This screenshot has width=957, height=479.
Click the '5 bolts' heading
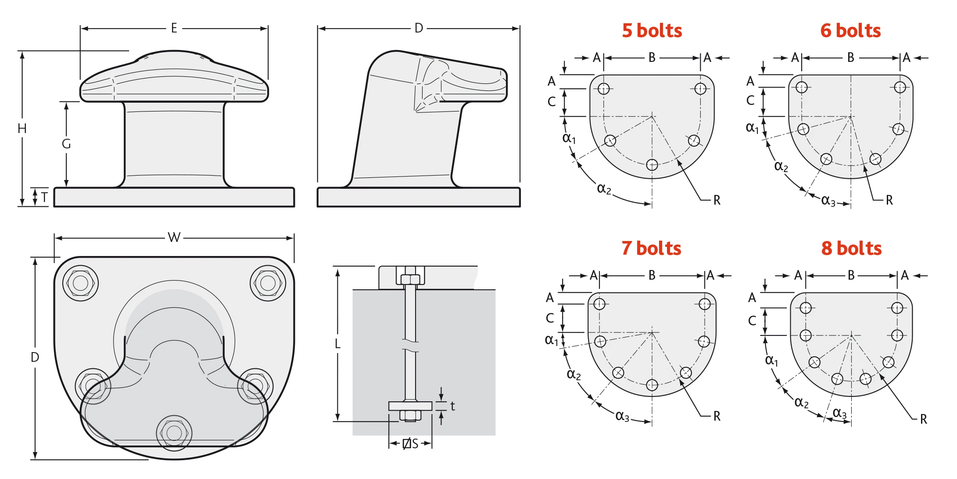[x=652, y=31]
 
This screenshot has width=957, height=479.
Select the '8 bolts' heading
[x=851, y=249]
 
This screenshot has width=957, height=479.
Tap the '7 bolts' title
[x=651, y=249]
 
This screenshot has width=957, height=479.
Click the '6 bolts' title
[x=850, y=31]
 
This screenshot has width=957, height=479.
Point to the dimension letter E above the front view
[x=174, y=29]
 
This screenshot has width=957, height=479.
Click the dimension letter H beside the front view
[x=22, y=129]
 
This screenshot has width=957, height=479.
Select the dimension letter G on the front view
[x=66, y=144]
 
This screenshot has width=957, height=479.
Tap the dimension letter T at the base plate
[x=44, y=197]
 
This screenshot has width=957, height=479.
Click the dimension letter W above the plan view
[x=174, y=238]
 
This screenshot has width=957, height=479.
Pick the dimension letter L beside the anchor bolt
[x=337, y=344]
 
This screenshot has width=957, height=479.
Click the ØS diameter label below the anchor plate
[x=411, y=444]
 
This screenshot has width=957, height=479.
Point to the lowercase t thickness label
[x=452, y=406]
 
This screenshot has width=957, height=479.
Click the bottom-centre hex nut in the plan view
[x=174, y=433]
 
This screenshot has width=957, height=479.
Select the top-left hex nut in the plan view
[x=80, y=283]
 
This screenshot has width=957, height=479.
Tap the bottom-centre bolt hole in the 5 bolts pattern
[x=652, y=165]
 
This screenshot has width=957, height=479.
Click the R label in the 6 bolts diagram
[x=889, y=200]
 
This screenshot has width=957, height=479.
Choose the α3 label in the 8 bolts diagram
[x=839, y=413]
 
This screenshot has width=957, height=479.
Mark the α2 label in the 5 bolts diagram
[x=604, y=189]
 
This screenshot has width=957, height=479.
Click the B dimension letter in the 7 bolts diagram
[x=652, y=275]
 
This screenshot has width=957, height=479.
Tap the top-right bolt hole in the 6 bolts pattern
[x=900, y=87]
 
